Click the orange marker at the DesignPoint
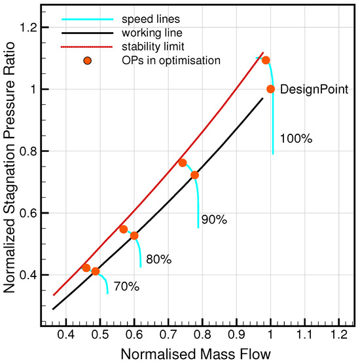click(x=270, y=89)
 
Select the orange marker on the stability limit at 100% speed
click(x=266, y=60)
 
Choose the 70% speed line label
click(x=126, y=286)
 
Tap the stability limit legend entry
click(x=139, y=47)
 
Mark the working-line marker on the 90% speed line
click(x=194, y=175)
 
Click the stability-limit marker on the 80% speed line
click(x=124, y=229)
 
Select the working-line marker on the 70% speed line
click(x=96, y=271)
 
